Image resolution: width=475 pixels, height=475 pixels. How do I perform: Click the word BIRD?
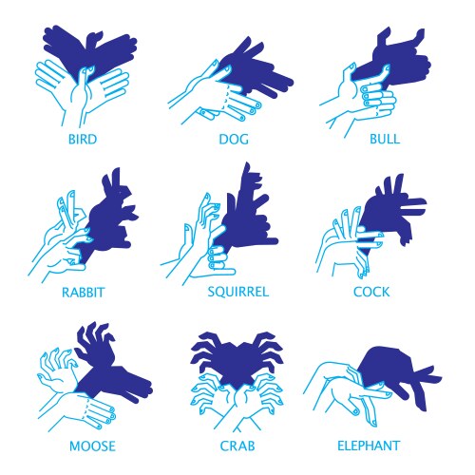(x=84, y=138)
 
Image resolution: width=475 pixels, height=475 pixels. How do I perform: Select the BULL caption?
(x=383, y=138)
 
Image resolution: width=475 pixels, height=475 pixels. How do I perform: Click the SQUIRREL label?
(x=237, y=292)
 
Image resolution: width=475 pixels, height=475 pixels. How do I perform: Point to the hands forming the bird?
(x=81, y=90)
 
